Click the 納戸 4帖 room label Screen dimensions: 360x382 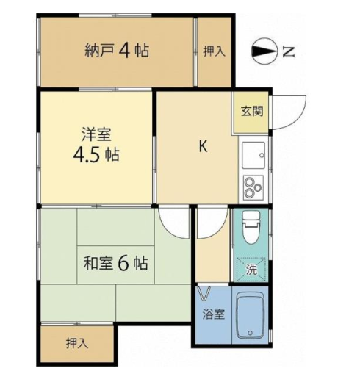coord(117,51)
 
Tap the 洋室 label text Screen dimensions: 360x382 coord(96,134)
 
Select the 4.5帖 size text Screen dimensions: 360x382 coord(96,155)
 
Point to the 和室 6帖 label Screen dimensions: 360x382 coord(115,263)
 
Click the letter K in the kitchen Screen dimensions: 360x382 coord(203,147)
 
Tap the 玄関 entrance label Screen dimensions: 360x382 coord(252,112)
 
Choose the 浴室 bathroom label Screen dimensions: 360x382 coord(214,314)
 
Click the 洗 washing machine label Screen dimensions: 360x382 coord(251,270)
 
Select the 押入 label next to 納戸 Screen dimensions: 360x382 coord(214,51)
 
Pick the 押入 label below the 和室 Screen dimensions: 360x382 coord(77,343)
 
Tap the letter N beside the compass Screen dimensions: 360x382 coord(289,51)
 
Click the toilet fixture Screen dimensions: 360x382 coord(251,227)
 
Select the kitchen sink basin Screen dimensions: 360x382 coord(253,155)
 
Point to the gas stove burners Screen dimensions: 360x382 coord(253,187)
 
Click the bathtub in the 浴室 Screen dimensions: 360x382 coord(250,314)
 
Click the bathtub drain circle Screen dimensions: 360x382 coord(250,333)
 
